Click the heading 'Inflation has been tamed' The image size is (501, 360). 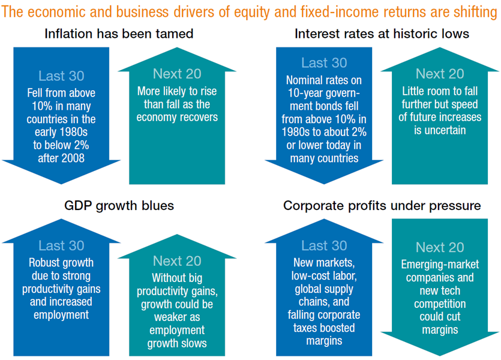pos(119,34)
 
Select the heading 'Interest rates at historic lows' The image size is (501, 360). pos(382,34)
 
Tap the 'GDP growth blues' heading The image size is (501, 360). pos(119,206)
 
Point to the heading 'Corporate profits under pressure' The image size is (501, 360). pos(382,206)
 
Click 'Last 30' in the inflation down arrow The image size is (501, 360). pos(61,76)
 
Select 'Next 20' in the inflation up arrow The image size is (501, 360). pos(177,74)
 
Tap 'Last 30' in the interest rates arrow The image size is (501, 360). pos(324,63)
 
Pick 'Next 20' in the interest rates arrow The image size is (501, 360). pos(440,74)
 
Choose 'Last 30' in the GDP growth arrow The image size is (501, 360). pos(61,245)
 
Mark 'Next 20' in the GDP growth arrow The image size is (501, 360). pos(177,261)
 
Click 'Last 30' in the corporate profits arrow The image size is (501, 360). pos(324,245)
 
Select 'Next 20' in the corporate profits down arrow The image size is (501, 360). pos(440,248)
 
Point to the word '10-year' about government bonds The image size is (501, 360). pos(304,93)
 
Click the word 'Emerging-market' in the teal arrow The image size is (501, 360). pos(440,265)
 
